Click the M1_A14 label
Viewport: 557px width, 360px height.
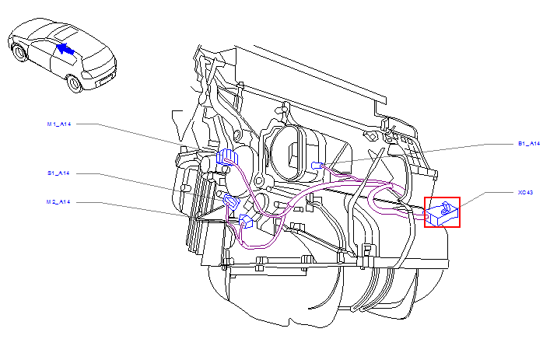[x=58, y=124]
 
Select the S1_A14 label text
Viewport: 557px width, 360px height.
[x=58, y=173]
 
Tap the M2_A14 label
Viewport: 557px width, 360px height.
[x=58, y=202]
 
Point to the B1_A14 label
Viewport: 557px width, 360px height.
[x=528, y=144]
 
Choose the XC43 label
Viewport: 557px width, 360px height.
[x=525, y=191]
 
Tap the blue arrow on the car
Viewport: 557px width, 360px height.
[x=67, y=50]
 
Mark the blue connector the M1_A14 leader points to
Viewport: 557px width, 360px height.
[x=226, y=156]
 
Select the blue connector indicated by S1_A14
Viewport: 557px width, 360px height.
[x=231, y=204]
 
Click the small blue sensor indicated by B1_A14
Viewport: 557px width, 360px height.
[x=316, y=165]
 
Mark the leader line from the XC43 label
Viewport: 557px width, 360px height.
[x=478, y=197]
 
